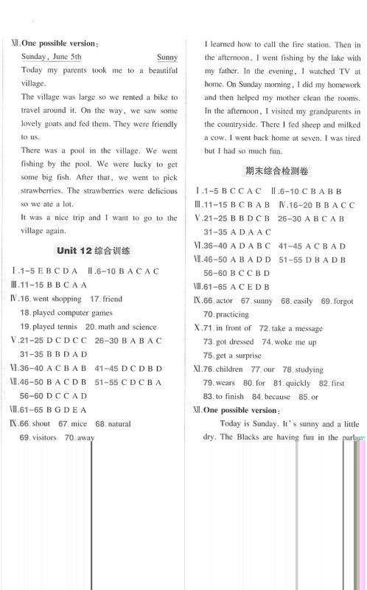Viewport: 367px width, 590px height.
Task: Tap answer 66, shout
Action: click(x=41, y=424)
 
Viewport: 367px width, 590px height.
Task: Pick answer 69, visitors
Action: click(x=44, y=438)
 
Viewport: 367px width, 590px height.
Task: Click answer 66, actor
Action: click(x=223, y=301)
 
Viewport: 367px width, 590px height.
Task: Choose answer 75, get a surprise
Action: click(x=237, y=355)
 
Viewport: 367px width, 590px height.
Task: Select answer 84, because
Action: click(x=276, y=397)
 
